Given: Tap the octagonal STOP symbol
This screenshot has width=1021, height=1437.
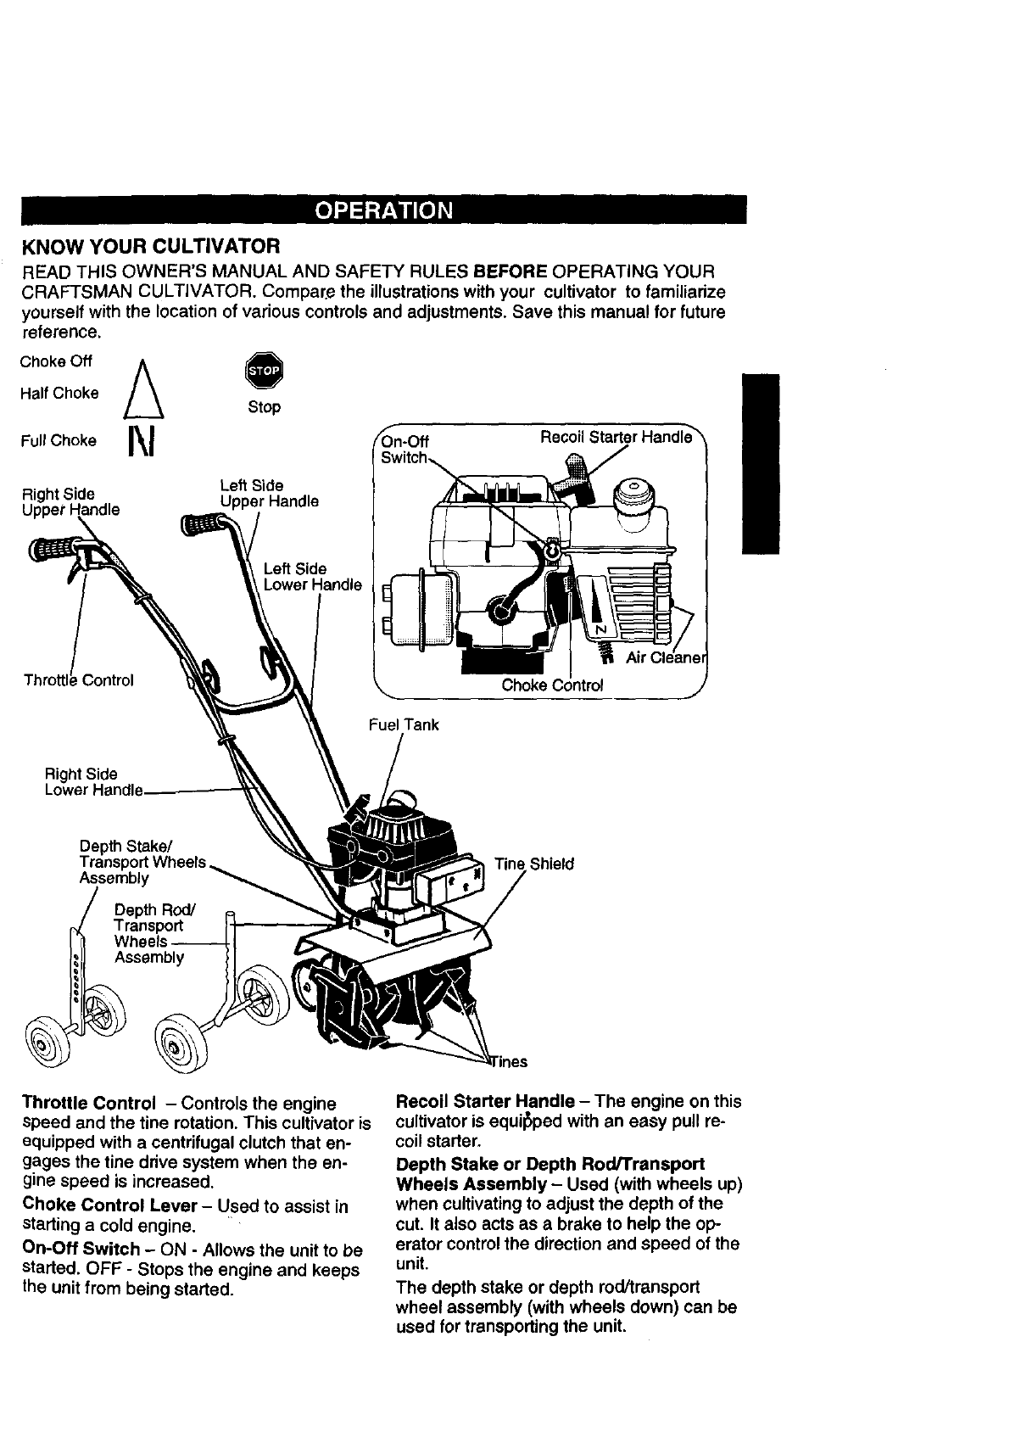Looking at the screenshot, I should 263,371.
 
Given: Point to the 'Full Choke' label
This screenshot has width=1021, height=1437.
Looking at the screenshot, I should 59,440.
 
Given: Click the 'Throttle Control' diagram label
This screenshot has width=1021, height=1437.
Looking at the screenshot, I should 79,680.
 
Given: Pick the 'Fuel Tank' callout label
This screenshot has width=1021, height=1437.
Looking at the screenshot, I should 404,724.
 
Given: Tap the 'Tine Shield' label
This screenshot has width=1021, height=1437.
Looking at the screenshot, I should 534,864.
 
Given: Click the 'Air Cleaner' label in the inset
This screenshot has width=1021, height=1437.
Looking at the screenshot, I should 666,659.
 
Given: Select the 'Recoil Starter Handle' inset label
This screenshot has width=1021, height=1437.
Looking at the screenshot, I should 617,437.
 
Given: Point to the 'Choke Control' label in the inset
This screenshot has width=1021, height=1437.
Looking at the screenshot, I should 552,685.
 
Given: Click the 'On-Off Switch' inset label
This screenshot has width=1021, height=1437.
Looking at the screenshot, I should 405,450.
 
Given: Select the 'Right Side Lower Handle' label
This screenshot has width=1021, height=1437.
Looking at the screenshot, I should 93,782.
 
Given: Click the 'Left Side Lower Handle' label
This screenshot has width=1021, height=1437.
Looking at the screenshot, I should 312,577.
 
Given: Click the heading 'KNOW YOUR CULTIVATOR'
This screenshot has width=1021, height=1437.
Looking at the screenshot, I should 150,246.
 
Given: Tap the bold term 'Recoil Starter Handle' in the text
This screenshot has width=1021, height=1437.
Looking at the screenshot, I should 484,1101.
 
